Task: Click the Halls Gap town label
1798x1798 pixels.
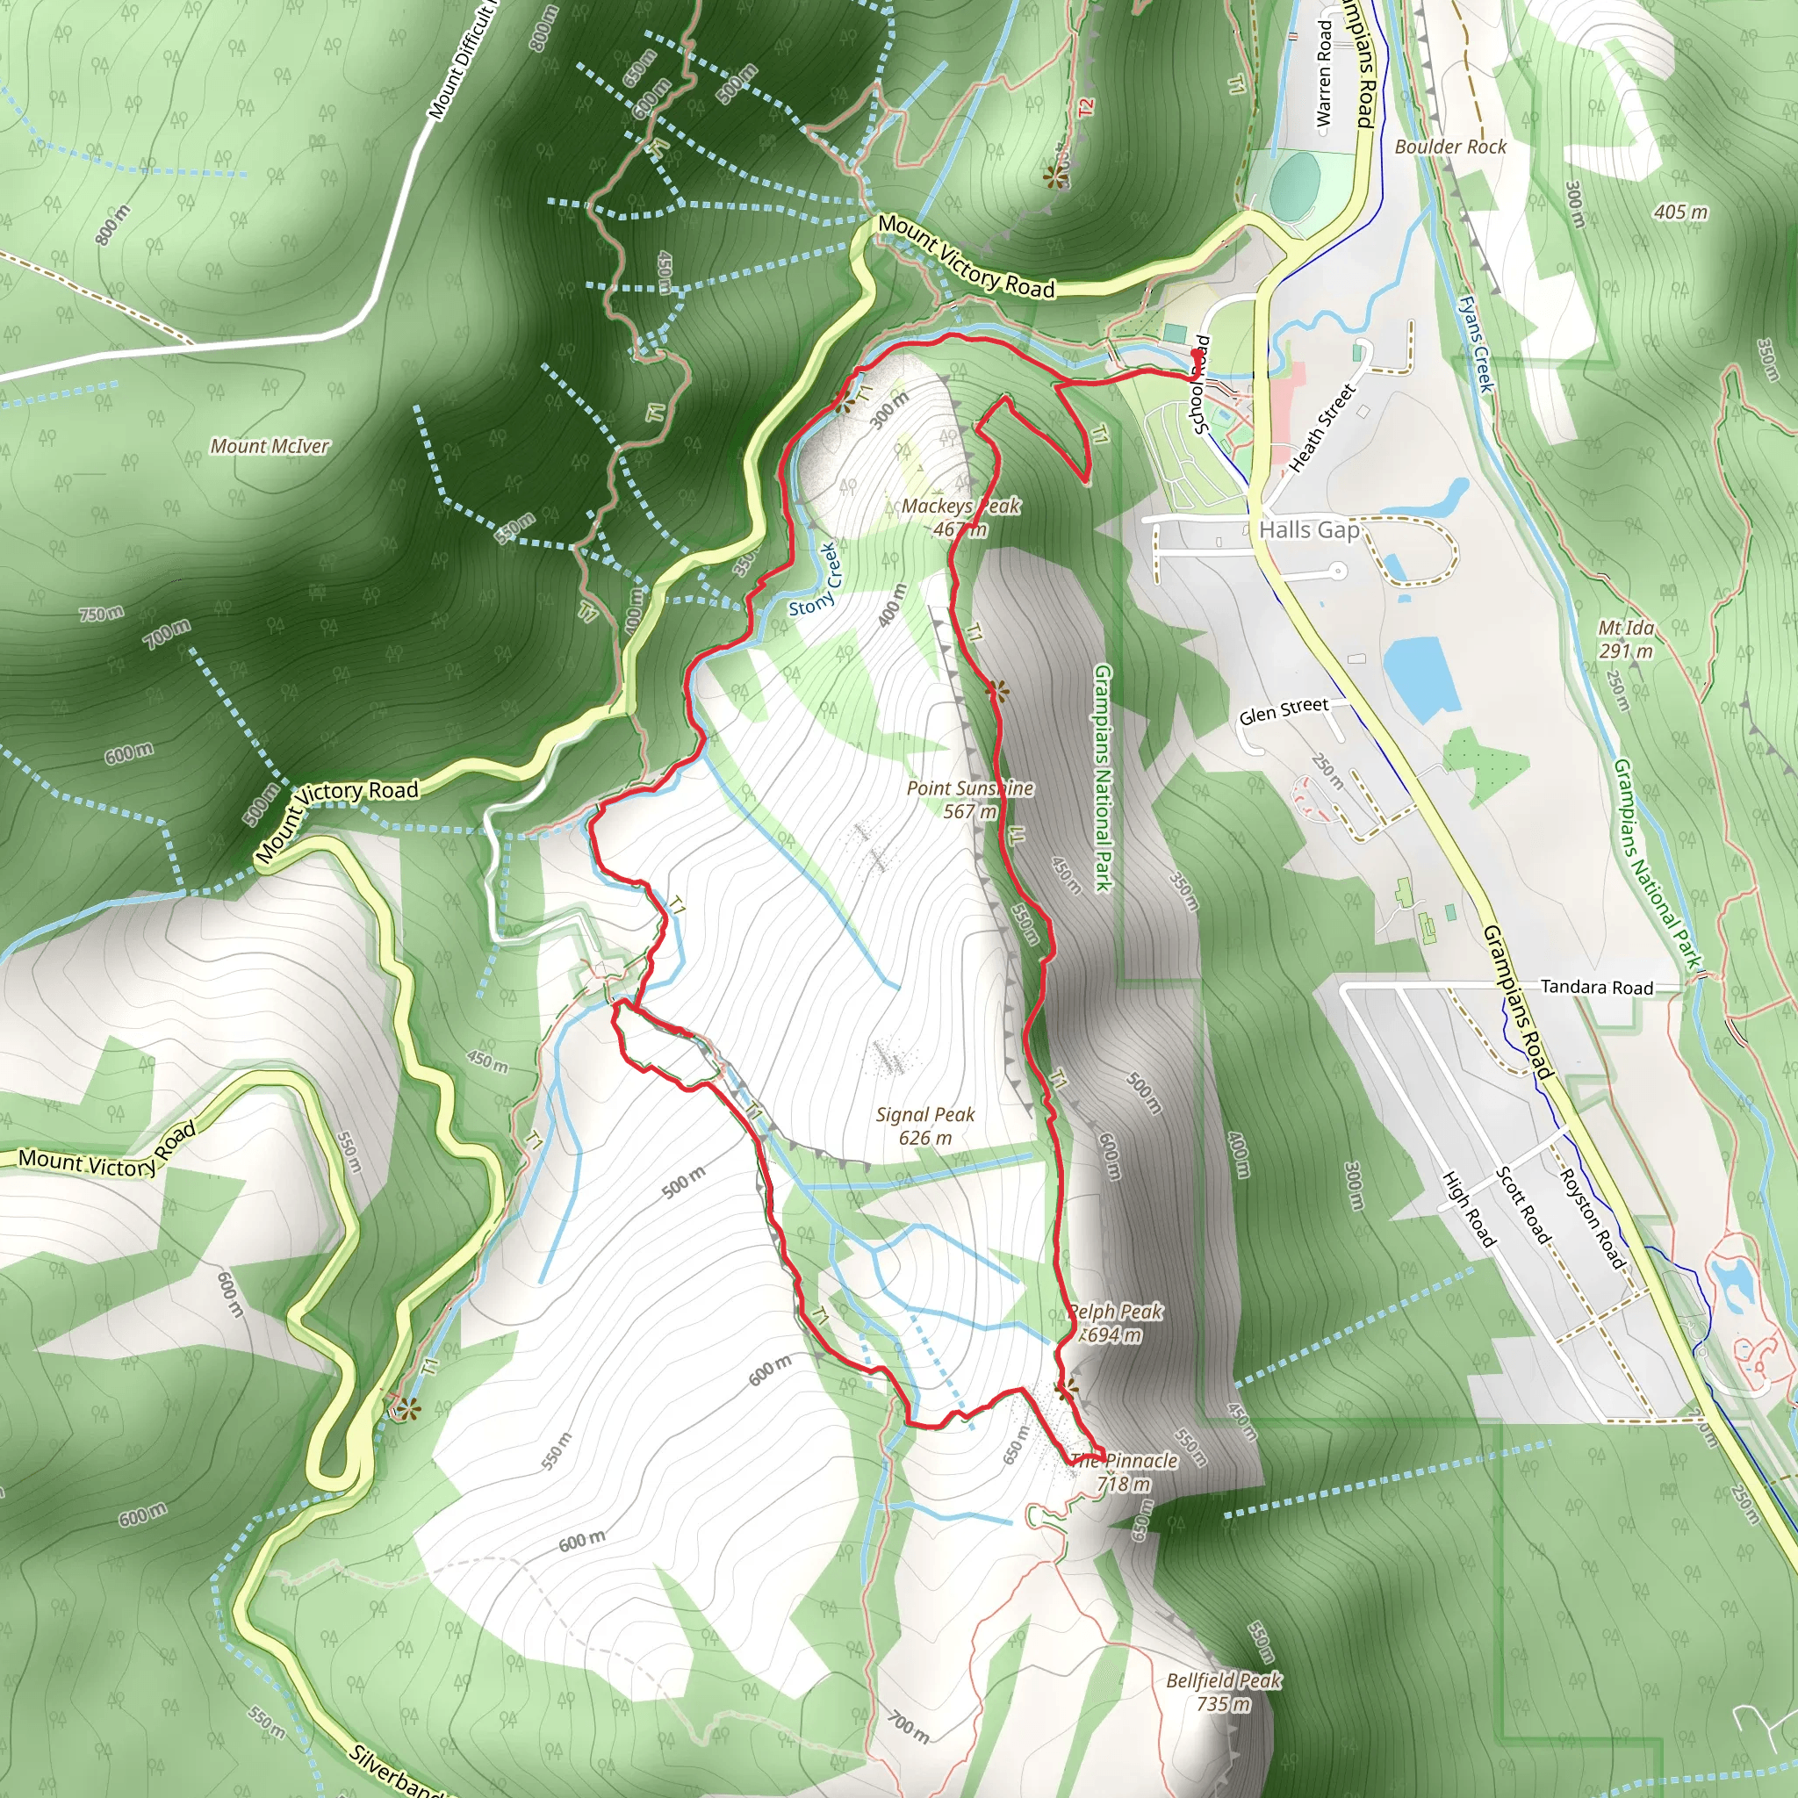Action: [1308, 530]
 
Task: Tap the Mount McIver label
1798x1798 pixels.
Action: [270, 447]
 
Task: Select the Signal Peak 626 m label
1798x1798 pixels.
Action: [925, 1126]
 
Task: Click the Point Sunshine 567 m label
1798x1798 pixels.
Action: [970, 800]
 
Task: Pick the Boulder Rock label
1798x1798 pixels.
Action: [1450, 147]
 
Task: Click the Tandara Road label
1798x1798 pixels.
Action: [1597, 988]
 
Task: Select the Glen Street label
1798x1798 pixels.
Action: [1284, 711]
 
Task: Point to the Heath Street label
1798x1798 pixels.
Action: [1322, 428]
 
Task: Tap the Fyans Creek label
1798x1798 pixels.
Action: [1476, 344]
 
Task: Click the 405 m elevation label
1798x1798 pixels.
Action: [1680, 212]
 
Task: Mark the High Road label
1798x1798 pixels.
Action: [1469, 1209]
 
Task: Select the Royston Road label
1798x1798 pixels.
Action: [1592, 1219]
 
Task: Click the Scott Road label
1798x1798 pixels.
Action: [1523, 1205]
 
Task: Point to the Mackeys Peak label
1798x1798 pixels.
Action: [960, 517]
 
